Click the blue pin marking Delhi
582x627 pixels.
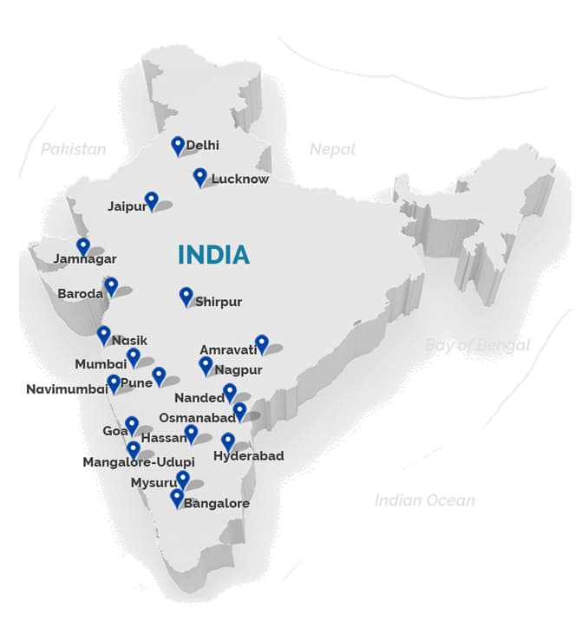(x=178, y=145)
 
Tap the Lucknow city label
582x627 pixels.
(x=240, y=180)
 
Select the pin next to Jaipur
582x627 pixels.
(x=152, y=200)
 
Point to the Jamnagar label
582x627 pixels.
(x=84, y=258)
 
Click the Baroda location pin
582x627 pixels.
(x=111, y=286)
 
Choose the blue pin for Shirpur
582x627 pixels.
(x=186, y=297)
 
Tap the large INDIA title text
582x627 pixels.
(x=213, y=254)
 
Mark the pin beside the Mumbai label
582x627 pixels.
(x=133, y=356)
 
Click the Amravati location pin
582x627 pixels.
(x=262, y=343)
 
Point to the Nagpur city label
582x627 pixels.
(x=239, y=369)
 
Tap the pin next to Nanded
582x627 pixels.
(x=230, y=392)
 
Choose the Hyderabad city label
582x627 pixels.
(x=248, y=455)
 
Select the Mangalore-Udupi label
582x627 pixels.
(x=138, y=462)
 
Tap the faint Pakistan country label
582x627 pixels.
(x=74, y=149)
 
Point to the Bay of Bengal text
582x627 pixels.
(x=477, y=345)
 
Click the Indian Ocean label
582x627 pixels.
(x=425, y=500)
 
